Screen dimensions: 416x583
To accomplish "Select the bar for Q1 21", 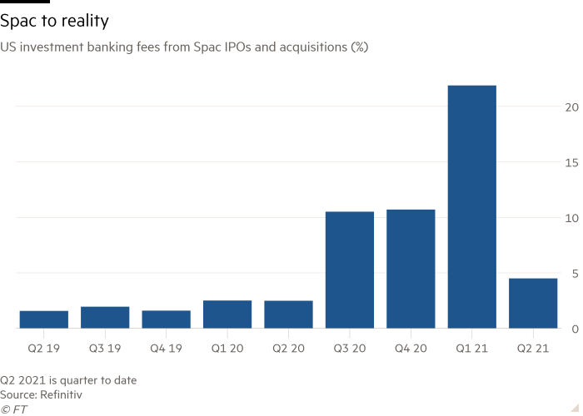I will click(x=471, y=206).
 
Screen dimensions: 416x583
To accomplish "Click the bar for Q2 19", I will click(x=43, y=319).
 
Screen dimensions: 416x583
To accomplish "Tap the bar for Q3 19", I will click(x=105, y=317).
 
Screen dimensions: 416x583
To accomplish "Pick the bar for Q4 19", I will click(x=166, y=319).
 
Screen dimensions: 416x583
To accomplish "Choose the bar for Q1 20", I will click(x=227, y=314).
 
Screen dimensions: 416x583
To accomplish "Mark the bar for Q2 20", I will click(x=288, y=314).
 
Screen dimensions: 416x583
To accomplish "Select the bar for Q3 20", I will click(x=350, y=270).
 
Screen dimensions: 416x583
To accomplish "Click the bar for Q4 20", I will click(x=411, y=269).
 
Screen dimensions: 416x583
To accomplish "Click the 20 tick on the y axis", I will click(x=570, y=107).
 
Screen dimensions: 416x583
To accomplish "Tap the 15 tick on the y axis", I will click(x=570, y=163).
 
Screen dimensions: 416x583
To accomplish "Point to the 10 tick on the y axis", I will click(x=570, y=218).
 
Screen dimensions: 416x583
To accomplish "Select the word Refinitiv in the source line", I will click(x=63, y=394).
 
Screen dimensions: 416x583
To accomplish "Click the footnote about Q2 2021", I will click(x=68, y=379).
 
